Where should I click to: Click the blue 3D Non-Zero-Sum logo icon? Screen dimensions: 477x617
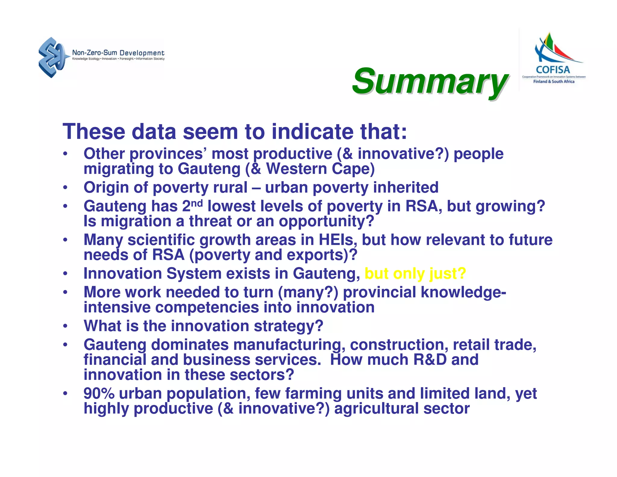[x=52, y=57]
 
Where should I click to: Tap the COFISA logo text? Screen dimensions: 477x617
[x=553, y=70]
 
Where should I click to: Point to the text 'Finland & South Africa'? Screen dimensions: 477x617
[x=554, y=81]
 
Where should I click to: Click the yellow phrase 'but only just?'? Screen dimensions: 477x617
[x=415, y=273]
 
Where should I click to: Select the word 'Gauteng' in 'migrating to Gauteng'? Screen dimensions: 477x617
[x=209, y=169]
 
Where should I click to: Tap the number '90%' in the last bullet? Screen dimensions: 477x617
[x=99, y=393]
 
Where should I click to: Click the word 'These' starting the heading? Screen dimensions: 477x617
[x=94, y=132]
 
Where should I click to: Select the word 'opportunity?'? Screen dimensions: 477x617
[x=326, y=221]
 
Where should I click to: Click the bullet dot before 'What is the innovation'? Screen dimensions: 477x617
[x=65, y=326]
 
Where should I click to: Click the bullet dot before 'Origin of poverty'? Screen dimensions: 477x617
[x=65, y=188]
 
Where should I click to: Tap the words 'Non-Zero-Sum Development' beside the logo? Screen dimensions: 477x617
[x=118, y=53]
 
